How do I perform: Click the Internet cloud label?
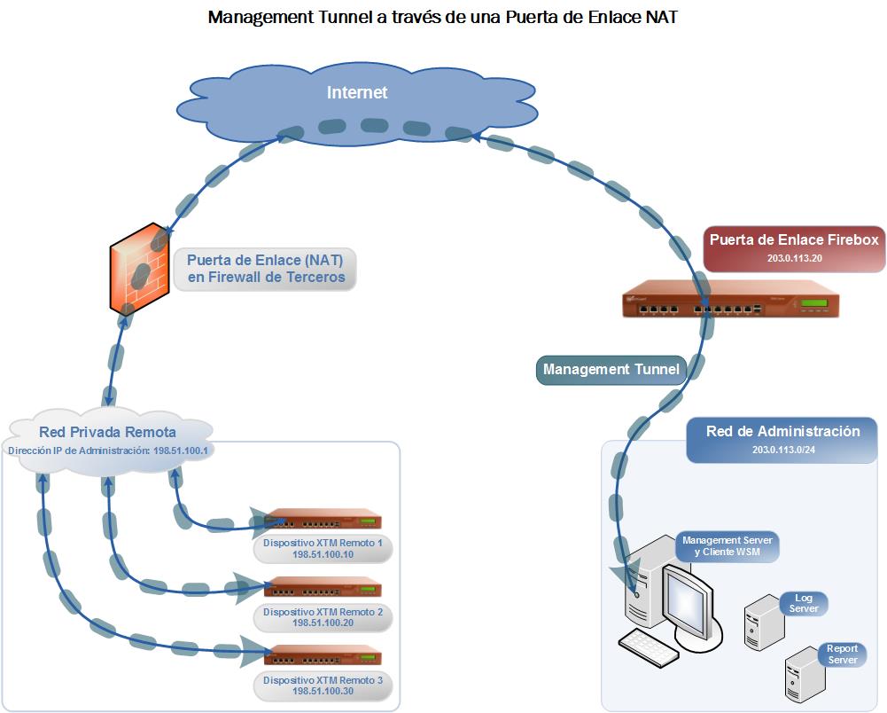click(357, 92)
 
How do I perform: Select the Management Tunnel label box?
click(611, 370)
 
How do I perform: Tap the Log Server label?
click(803, 603)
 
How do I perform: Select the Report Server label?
click(842, 654)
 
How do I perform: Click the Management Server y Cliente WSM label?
click(727, 546)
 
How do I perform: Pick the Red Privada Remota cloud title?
click(107, 433)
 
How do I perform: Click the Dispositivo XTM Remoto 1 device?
click(323, 519)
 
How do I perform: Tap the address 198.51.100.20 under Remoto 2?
click(323, 623)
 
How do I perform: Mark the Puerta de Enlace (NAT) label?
click(265, 269)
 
